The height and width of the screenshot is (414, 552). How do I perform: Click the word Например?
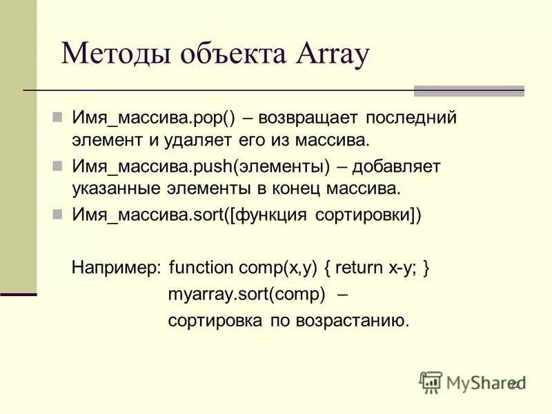[x=117, y=267]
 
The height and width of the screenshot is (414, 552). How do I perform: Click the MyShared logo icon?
[x=431, y=382]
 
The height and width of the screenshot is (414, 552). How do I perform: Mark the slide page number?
[x=514, y=384]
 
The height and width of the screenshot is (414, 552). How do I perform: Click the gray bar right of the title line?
[x=469, y=90]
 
